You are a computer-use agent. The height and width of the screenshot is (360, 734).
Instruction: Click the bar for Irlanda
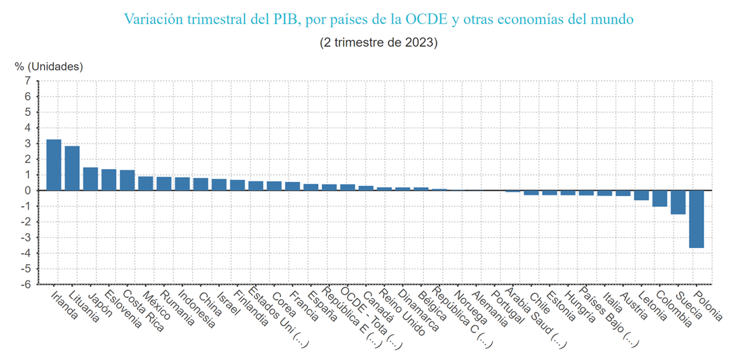[x=54, y=165]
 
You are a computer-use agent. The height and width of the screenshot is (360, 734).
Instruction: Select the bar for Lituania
[x=72, y=168]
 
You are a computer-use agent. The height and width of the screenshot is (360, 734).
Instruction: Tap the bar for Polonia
[x=696, y=219]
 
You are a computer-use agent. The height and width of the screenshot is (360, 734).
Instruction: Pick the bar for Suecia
[x=678, y=202]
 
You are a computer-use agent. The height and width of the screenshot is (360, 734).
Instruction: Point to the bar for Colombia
[x=660, y=198]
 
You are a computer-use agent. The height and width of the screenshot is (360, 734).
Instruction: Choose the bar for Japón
[x=91, y=179]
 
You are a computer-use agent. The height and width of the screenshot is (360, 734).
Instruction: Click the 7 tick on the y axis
[x=27, y=81]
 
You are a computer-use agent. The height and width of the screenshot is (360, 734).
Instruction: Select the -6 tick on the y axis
[x=25, y=284]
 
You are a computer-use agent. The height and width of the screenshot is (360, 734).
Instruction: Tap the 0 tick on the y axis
[x=27, y=190]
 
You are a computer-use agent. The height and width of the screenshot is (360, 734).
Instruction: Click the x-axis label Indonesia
[x=196, y=308]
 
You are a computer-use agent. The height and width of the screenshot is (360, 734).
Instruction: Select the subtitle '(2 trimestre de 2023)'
[x=379, y=43]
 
